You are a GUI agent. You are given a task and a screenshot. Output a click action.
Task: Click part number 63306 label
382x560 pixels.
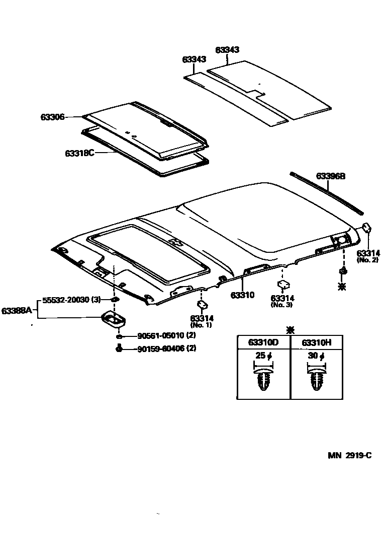52,117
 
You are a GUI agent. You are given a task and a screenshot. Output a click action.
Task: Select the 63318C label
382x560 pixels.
79,153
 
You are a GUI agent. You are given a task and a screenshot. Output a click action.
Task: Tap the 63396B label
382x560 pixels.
331,176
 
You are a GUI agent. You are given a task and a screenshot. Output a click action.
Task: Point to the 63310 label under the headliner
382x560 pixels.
243,295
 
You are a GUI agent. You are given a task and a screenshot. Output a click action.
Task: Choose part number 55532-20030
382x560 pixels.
66,300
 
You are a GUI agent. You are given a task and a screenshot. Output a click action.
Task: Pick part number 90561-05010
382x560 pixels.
159,336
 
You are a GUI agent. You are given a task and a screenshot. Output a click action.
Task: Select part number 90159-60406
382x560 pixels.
159,348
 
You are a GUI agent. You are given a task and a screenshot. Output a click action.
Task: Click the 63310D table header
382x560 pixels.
263,342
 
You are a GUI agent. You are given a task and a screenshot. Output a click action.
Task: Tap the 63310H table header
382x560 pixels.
316,342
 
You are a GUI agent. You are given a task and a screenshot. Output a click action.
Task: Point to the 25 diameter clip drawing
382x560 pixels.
263,380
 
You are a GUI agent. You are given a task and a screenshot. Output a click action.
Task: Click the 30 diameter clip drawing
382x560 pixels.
316,380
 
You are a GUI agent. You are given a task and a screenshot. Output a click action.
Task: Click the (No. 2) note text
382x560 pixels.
368,260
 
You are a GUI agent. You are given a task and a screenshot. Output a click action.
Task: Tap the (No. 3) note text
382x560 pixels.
282,305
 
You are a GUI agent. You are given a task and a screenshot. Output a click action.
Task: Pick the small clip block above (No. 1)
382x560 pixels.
203,305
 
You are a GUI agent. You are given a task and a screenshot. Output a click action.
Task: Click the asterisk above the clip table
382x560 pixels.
290,330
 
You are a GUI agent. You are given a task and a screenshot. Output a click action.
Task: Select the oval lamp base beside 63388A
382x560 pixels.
115,319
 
